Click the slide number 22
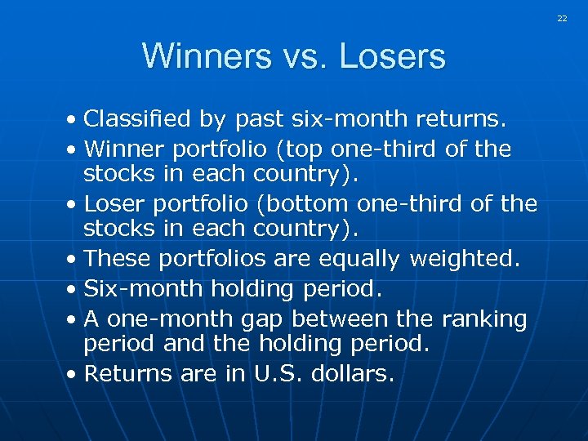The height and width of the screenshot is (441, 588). click(562, 18)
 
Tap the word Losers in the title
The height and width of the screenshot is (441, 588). click(392, 57)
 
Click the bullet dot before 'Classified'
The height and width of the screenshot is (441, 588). click(73, 121)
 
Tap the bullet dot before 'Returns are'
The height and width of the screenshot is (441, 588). click(73, 375)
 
